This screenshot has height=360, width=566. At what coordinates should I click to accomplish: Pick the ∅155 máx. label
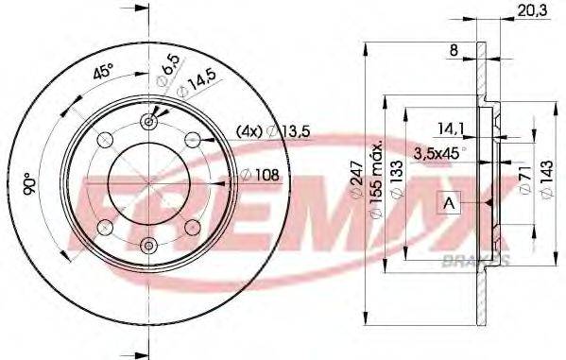click(x=374, y=180)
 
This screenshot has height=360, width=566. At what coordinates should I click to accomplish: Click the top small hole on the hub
click(x=148, y=120)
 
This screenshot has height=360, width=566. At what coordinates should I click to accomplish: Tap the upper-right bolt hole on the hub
click(x=193, y=139)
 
